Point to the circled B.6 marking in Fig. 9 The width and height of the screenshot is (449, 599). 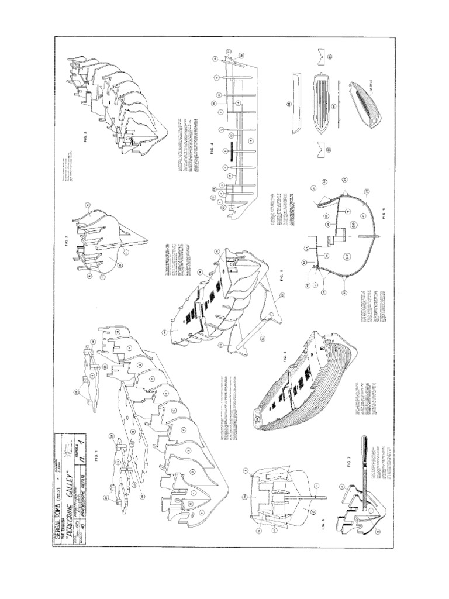click(x=353, y=225)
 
